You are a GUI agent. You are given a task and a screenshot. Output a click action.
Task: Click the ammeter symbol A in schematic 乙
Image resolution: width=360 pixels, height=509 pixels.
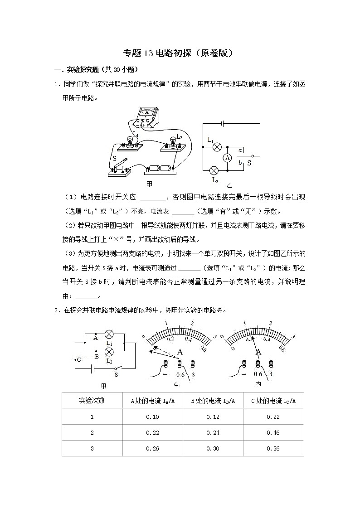pos(228,157)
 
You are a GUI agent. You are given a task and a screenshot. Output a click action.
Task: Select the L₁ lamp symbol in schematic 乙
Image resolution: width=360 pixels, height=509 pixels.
pos(217,146)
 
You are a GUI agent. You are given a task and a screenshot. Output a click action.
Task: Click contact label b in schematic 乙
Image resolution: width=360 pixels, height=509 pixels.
pos(240,162)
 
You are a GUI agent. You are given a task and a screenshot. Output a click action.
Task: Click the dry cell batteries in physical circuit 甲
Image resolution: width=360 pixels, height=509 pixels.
pos(160,168)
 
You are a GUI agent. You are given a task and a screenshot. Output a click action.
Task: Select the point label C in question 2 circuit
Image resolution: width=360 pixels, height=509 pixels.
pos(79,359)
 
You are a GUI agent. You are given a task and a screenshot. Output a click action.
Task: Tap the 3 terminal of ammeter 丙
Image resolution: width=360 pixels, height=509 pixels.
pos(271,365)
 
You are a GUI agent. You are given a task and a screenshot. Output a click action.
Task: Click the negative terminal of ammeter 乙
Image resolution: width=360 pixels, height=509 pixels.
pos(165,365)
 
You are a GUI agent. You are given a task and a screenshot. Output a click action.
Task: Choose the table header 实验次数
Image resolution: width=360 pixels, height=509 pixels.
pos(92,400)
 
